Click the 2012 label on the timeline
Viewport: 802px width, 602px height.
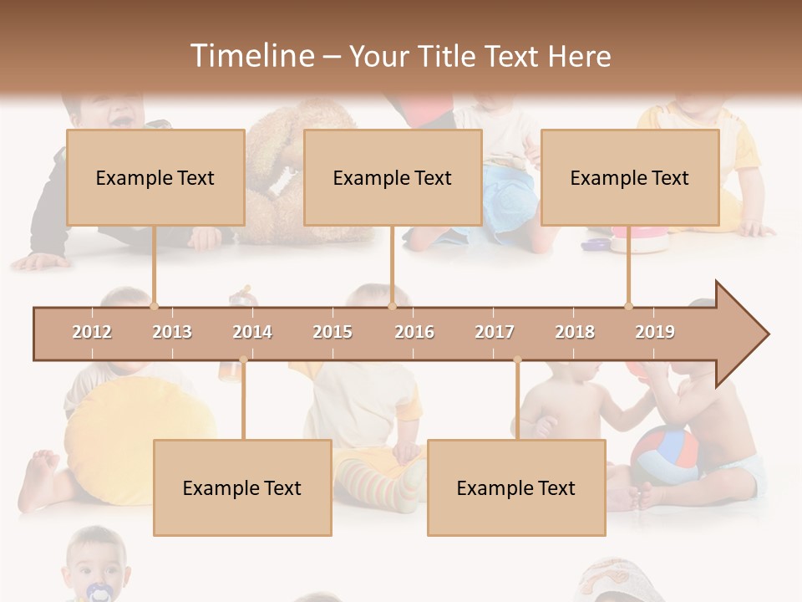point(92,333)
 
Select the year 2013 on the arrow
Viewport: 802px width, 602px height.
point(172,333)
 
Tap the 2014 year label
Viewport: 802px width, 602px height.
point(252,333)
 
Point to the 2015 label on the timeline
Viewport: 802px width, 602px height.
point(332,333)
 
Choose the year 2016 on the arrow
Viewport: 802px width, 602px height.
point(414,333)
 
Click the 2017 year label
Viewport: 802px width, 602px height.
point(495,333)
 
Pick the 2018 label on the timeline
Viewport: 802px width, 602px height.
point(575,333)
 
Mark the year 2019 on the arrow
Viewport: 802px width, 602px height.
point(655,333)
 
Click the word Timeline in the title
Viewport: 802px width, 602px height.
point(251,56)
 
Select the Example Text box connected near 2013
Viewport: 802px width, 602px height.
point(155,177)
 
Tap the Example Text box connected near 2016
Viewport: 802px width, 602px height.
point(393,177)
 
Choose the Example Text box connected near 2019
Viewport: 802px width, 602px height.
point(630,177)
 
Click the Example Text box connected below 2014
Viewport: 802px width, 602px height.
point(242,487)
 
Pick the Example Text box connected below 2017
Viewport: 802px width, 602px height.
point(516,487)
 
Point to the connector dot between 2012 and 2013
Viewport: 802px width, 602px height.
point(154,306)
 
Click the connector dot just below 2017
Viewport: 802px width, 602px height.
point(517,360)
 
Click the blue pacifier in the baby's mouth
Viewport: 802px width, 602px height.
point(99,592)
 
